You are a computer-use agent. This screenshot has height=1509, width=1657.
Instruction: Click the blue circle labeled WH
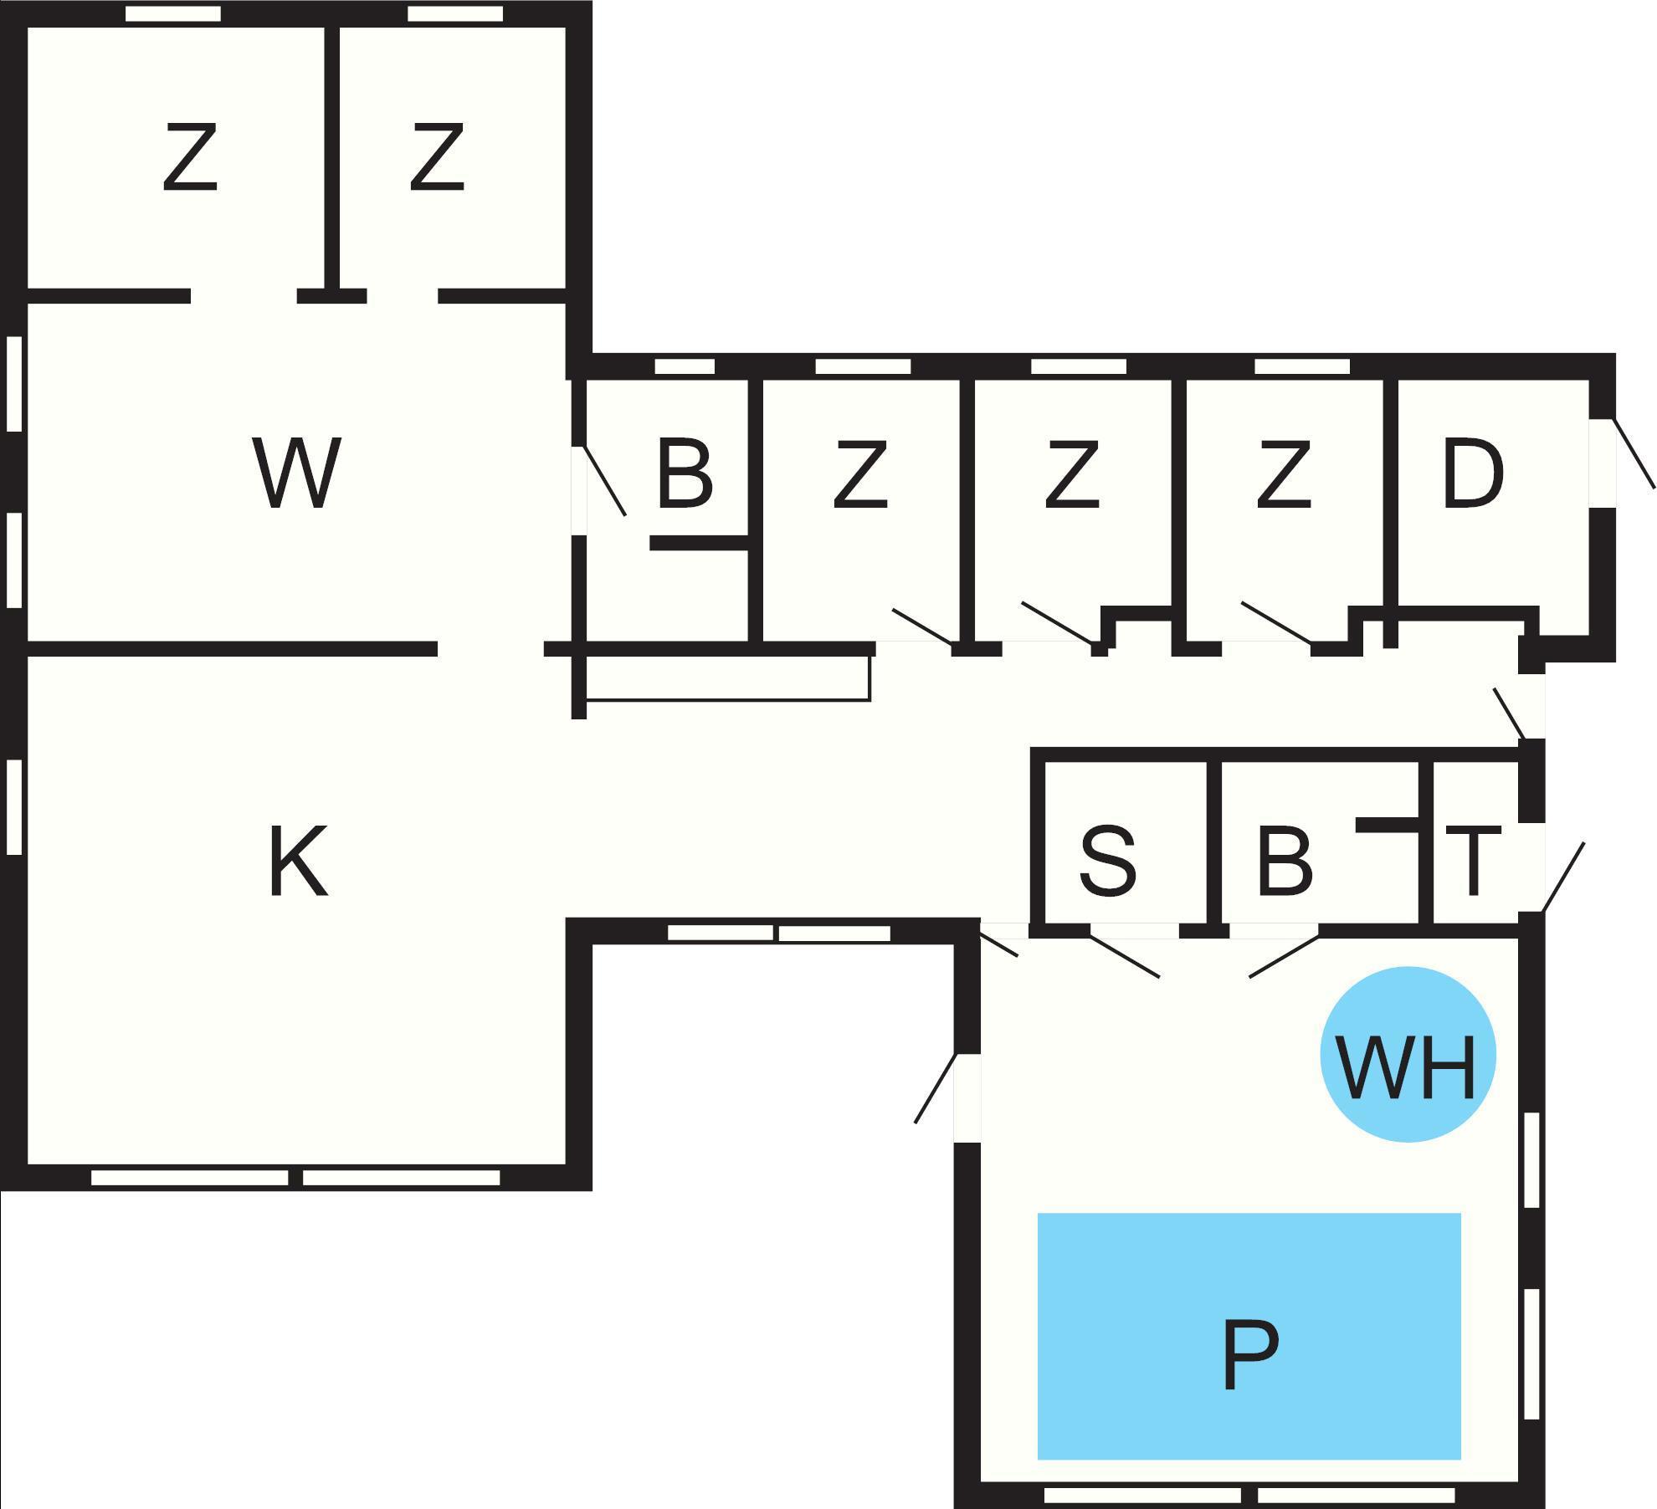click(1408, 1054)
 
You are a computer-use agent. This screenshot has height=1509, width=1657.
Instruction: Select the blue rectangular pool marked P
click(1249, 1334)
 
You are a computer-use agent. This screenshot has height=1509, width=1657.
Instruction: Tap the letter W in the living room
click(296, 473)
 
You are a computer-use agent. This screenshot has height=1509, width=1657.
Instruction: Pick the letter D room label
click(1473, 474)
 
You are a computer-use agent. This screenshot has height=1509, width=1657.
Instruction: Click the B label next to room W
click(685, 474)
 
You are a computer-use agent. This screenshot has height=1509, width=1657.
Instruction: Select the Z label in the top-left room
click(190, 157)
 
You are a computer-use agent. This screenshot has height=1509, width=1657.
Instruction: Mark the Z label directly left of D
click(1283, 474)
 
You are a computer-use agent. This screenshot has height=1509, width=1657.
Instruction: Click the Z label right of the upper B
click(859, 474)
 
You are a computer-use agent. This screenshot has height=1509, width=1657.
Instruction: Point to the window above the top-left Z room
click(172, 13)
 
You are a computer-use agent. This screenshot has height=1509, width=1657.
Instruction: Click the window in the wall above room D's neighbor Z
click(1302, 366)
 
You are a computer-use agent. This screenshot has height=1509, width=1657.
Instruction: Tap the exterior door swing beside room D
click(1634, 453)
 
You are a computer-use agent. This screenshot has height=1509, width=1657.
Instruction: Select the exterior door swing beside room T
click(1563, 877)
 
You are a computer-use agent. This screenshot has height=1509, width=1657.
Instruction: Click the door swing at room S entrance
click(1124, 956)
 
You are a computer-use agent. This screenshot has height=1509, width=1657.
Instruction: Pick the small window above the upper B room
click(685, 366)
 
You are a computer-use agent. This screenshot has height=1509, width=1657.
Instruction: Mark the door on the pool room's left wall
click(937, 1087)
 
